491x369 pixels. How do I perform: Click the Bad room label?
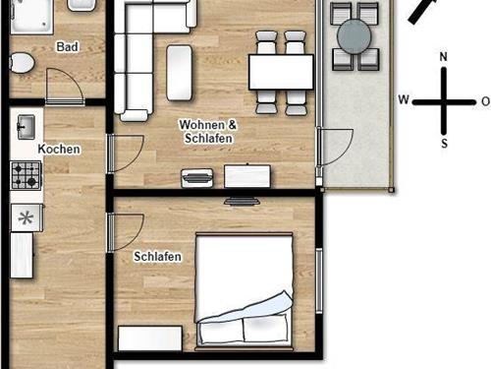pyautogui.click(x=68, y=47)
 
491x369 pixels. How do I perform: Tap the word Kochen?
pyautogui.click(x=59, y=150)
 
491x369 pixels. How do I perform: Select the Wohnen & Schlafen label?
pyautogui.click(x=208, y=132)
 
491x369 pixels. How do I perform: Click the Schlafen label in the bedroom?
pyautogui.click(x=157, y=256)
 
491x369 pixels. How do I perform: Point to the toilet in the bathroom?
pyautogui.click(x=22, y=63)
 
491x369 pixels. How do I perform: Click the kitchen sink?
pyautogui.click(x=26, y=127)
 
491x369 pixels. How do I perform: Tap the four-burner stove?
pyautogui.click(x=26, y=175)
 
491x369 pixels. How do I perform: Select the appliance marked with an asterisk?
pyautogui.click(x=27, y=217)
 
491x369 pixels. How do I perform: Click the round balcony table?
pyautogui.click(x=355, y=36)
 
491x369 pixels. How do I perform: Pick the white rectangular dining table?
pyautogui.click(x=281, y=72)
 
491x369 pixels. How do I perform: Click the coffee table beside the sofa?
pyautogui.click(x=179, y=73)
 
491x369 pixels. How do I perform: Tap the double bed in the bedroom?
pyautogui.click(x=244, y=290)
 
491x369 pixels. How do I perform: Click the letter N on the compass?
pyautogui.click(x=443, y=57)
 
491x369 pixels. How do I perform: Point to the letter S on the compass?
pyautogui.click(x=444, y=144)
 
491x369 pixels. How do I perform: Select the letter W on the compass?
pyautogui.click(x=404, y=99)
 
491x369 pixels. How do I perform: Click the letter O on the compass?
pyautogui.click(x=486, y=101)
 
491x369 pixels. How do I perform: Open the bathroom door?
pyautogui.click(x=65, y=86)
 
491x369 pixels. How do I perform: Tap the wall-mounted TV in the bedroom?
pyautogui.click(x=242, y=201)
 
